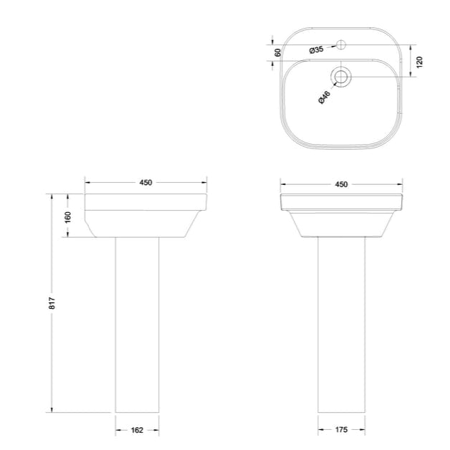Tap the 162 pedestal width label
(x=138, y=430)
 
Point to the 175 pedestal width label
(x=341, y=430)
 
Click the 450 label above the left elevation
(x=145, y=183)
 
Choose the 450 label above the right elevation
(x=341, y=184)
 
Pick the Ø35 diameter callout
(x=316, y=50)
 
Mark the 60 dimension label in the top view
(x=277, y=52)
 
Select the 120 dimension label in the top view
(x=420, y=62)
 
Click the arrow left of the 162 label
(x=119, y=430)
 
